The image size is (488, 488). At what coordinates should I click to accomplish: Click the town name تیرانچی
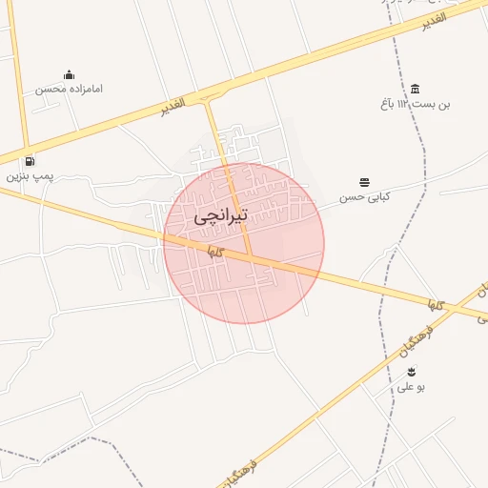[221, 216]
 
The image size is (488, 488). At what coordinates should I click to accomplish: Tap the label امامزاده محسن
[70, 89]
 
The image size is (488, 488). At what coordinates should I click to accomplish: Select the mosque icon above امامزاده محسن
[69, 74]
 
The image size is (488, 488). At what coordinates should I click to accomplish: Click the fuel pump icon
[30, 161]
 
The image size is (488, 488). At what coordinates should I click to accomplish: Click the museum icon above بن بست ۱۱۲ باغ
[416, 88]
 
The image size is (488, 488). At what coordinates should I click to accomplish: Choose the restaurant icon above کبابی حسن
[365, 182]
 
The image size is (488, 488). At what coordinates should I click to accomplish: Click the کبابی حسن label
[366, 197]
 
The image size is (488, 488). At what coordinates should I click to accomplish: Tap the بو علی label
[412, 388]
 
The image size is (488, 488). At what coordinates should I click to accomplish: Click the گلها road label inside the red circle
[214, 252]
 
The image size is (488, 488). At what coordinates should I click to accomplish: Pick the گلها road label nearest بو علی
[437, 305]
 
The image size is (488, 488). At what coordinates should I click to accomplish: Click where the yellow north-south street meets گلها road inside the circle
[251, 257]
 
